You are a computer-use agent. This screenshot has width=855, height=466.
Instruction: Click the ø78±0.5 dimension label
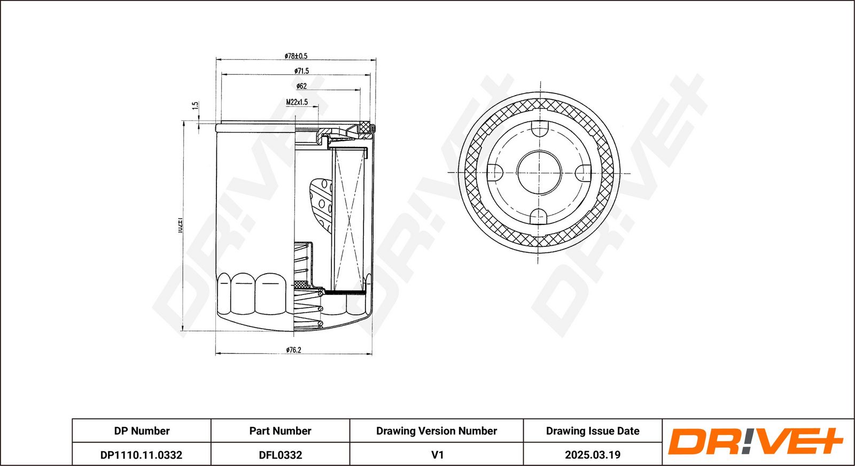tap(296, 56)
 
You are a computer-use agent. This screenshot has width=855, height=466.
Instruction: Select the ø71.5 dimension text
tap(301, 71)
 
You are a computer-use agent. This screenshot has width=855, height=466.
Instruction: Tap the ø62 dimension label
tap(302, 86)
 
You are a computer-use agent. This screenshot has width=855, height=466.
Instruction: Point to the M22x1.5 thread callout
tap(297, 102)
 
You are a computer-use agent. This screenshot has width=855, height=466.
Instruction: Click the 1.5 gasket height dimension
tap(196, 106)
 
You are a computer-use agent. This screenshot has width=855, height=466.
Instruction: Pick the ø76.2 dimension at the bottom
tap(293, 350)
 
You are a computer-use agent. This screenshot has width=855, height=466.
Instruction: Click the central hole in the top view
tap(539, 173)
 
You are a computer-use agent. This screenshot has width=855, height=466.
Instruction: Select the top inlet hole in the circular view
tap(540, 129)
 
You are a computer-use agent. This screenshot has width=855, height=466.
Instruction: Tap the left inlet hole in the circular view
tap(495, 173)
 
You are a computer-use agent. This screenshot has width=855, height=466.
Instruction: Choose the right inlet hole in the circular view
tap(584, 173)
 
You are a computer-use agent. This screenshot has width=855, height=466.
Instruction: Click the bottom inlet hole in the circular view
tap(539, 216)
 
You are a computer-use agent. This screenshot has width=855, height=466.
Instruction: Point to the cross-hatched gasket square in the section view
tap(366, 127)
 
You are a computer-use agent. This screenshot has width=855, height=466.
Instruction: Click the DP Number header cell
tap(142, 431)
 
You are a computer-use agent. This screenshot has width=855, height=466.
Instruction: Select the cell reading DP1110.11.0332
tap(142, 455)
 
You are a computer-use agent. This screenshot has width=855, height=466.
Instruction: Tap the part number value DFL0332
tap(280, 455)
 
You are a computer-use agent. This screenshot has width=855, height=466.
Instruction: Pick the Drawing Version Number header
tap(436, 431)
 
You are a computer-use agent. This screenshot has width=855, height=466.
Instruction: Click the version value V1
tap(437, 455)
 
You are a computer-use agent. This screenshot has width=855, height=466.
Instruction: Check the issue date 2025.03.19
tap(592, 455)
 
